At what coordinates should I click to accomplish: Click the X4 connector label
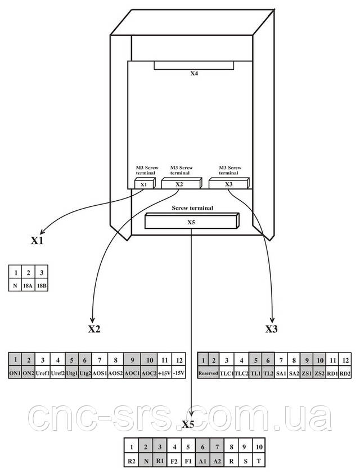click(194, 73)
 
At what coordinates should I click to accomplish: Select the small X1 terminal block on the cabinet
click(145, 183)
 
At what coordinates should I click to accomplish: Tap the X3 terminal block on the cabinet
click(229, 183)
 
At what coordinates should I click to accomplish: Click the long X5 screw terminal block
click(192, 221)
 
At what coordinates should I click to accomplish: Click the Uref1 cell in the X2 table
click(43, 373)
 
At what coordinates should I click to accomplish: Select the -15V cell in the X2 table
click(178, 373)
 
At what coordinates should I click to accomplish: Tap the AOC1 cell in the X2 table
click(132, 373)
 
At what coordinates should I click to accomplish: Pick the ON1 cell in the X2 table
click(15, 373)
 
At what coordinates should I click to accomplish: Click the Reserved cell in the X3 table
click(208, 373)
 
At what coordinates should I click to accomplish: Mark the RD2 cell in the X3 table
click(345, 373)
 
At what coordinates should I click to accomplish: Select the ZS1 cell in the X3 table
click(307, 373)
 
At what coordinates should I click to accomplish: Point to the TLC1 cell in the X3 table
click(227, 373)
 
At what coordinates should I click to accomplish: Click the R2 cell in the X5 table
click(132, 461)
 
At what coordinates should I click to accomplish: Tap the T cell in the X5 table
click(259, 461)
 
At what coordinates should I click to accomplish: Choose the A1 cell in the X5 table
click(202, 461)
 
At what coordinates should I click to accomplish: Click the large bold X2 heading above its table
click(94, 328)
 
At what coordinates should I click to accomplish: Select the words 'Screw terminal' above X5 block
click(192, 207)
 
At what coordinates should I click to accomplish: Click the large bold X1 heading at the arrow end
click(37, 240)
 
